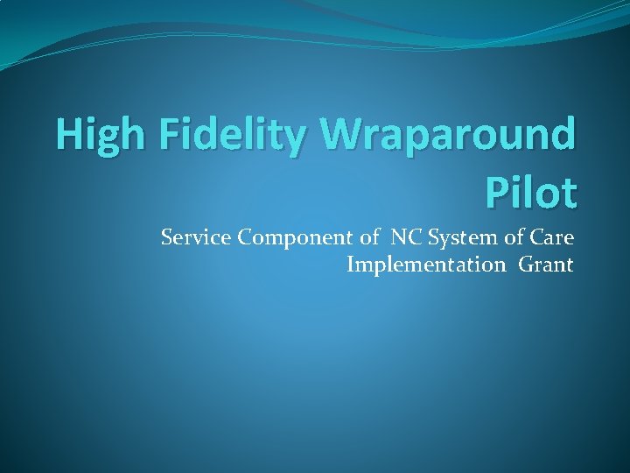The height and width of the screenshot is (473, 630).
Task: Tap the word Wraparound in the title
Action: point(449,136)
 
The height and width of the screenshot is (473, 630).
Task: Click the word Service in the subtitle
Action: point(194,236)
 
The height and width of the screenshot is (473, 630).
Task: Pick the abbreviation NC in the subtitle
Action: point(406,236)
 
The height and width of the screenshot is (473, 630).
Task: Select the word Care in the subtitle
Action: point(552,236)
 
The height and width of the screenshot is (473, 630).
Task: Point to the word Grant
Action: point(546,265)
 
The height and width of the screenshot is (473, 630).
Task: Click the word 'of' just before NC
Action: point(375,236)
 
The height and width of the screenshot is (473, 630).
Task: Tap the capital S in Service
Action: point(166,236)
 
